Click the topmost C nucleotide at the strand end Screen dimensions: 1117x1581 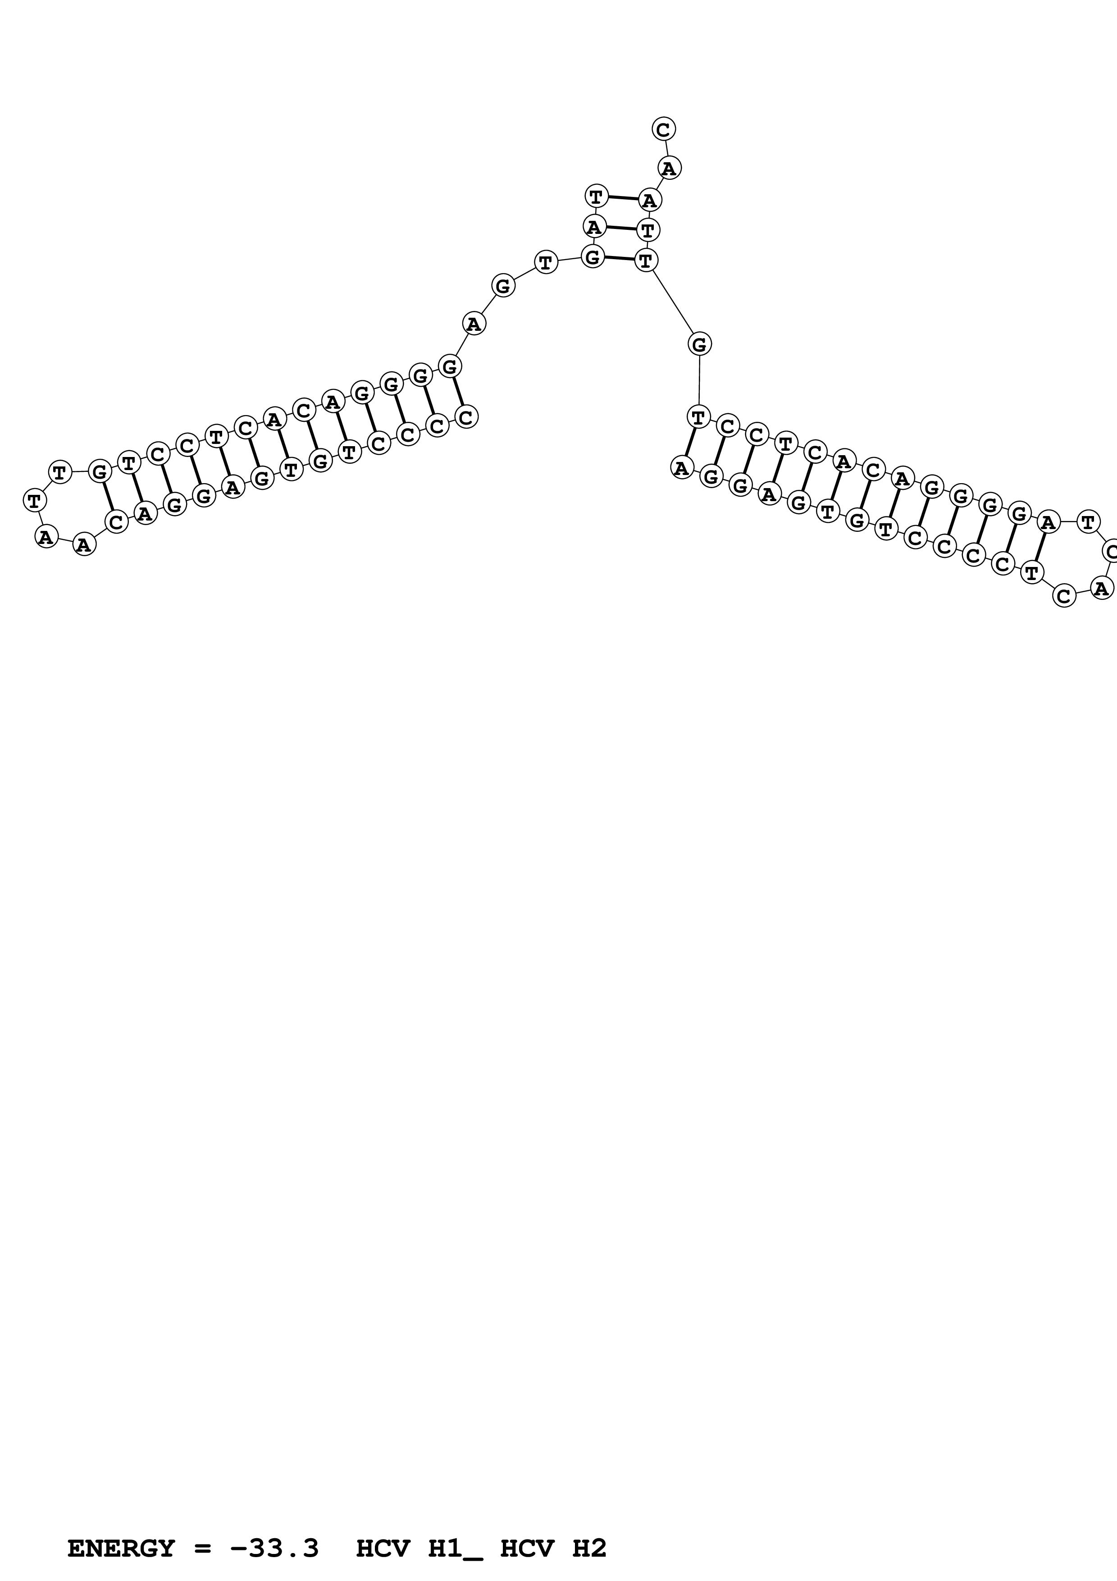663,129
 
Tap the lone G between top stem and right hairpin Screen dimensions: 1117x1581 699,343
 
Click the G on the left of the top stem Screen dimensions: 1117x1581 593,257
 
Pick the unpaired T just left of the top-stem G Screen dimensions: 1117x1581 546,262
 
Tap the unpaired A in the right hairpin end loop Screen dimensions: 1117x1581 1102,588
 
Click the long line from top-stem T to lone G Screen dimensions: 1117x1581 672,302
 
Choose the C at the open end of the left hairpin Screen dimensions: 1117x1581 467,416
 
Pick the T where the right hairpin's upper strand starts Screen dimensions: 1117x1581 698,416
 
